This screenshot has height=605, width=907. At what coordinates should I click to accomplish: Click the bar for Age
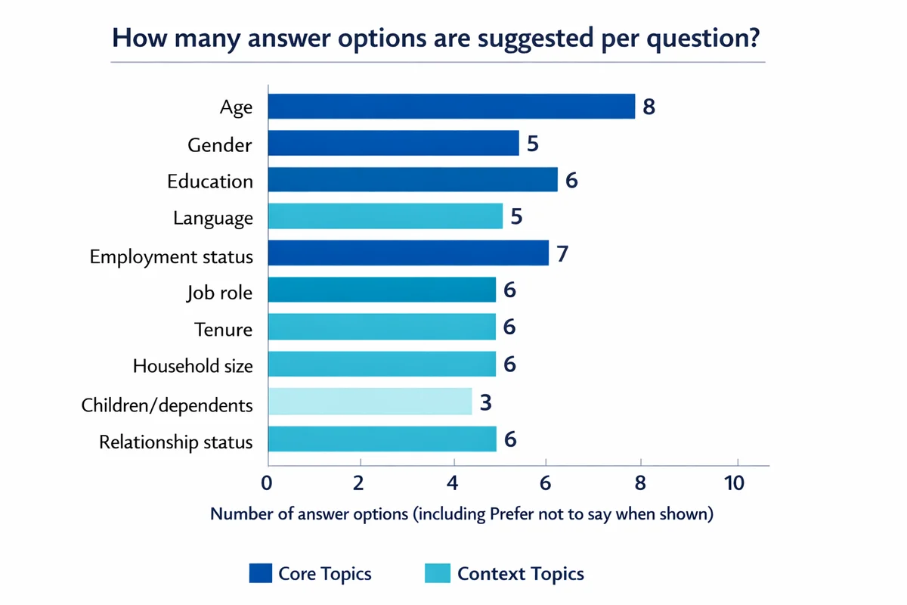coord(451,107)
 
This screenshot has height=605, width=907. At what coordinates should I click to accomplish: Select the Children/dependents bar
coord(370,402)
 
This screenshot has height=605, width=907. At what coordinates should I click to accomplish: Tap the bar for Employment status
coord(408,253)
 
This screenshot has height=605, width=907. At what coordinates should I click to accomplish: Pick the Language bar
coord(385,217)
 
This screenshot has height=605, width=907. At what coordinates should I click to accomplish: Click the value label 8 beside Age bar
coord(649,107)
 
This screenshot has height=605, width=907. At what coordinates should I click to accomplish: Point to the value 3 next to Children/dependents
coord(486,402)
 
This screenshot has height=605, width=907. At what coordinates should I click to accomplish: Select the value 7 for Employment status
coord(562,253)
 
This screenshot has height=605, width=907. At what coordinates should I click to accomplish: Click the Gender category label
coord(221,144)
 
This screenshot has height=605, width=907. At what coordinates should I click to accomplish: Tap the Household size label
coord(193,366)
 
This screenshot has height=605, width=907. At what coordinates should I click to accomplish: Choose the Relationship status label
coord(176,442)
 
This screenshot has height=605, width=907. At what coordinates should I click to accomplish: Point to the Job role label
coord(219,293)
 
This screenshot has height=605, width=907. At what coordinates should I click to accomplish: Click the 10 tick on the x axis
coord(734,483)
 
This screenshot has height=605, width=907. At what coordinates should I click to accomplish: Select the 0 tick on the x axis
coord(267,483)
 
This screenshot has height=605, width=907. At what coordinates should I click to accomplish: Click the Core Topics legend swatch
coord(259,573)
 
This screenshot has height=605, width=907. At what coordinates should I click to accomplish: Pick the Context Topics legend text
coord(521,573)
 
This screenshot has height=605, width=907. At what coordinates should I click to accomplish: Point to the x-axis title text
coord(462,514)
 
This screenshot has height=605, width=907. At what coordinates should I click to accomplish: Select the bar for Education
coord(413,180)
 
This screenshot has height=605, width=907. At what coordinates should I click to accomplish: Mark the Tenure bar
coord(382,328)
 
